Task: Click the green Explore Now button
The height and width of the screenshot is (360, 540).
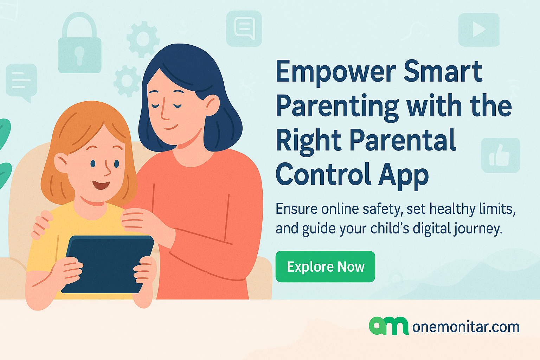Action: point(325,266)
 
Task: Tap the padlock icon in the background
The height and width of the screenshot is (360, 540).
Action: point(79,43)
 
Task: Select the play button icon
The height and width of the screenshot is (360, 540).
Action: point(479,30)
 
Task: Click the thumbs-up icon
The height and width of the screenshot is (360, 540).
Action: point(501,155)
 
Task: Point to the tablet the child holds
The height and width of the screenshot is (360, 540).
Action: point(108,264)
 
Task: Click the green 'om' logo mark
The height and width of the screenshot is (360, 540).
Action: point(388,326)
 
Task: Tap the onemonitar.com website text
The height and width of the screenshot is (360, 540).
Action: point(466,327)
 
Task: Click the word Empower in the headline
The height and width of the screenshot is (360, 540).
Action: point(336,72)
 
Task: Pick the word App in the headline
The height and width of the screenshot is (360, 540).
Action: point(403,175)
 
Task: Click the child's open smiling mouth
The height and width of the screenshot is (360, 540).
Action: point(101,185)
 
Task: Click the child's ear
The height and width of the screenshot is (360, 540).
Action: point(61,162)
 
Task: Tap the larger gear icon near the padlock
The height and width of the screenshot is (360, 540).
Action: point(143,39)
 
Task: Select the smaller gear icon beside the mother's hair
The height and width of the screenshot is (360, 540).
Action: point(127,81)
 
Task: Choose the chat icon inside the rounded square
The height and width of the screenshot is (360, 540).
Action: point(244,28)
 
